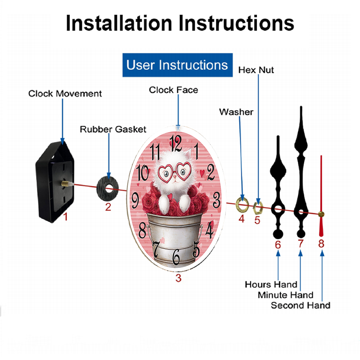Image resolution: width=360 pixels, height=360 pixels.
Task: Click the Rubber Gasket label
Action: pyautogui.click(x=113, y=129)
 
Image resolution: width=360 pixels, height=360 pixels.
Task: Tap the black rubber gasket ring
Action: pyautogui.click(x=107, y=188)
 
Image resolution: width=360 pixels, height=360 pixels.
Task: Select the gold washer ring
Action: pyautogui.click(x=242, y=204)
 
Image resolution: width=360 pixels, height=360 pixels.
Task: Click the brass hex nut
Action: pyautogui.click(x=258, y=208)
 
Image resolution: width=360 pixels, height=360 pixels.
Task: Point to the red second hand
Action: pyautogui.click(x=321, y=196)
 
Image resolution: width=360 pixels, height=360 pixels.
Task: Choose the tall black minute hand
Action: pyautogui.click(x=301, y=172)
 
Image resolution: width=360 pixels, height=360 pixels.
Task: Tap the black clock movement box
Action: pyautogui.click(x=55, y=182)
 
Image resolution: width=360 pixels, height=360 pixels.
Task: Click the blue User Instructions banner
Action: pyautogui.click(x=177, y=65)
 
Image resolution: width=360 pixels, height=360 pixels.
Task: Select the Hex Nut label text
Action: pyautogui.click(x=256, y=70)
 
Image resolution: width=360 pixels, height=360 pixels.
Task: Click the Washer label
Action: pyautogui.click(x=236, y=112)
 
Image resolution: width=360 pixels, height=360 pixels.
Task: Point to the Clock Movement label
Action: pyautogui.click(x=65, y=94)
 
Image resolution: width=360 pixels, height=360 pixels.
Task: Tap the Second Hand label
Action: pyautogui.click(x=301, y=305)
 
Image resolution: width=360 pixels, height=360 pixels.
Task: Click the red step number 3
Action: pyautogui.click(x=179, y=278)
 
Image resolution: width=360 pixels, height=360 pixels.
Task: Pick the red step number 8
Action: pyautogui.click(x=321, y=244)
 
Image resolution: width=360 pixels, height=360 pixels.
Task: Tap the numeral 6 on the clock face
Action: pyautogui.click(x=176, y=257)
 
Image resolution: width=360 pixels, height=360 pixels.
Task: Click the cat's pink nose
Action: pyautogui.click(x=175, y=176)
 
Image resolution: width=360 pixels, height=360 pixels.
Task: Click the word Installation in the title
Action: pyautogui.click(x=119, y=23)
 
